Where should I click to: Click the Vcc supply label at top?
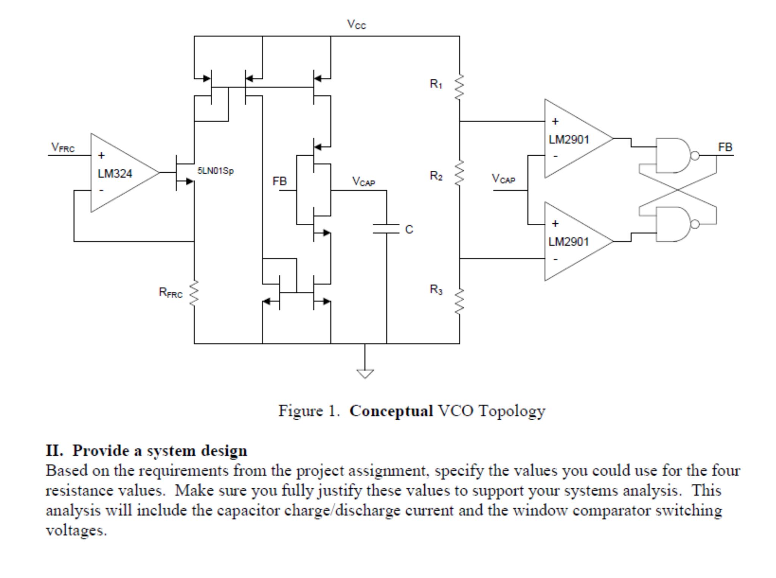[x=356, y=25]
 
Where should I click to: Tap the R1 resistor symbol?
[x=459, y=87]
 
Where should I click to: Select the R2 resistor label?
[x=436, y=176]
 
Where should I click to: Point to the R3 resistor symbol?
[x=459, y=301]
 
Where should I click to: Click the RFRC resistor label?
[x=170, y=293]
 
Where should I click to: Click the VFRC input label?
[x=63, y=147]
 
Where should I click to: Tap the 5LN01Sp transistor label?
[x=215, y=171]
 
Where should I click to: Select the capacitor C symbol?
[x=386, y=229]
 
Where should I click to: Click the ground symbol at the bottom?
[x=365, y=373]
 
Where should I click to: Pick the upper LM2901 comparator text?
[x=569, y=140]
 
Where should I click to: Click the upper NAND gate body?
[x=673, y=155]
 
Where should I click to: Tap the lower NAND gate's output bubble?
[x=695, y=224]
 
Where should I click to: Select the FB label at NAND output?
[x=725, y=147]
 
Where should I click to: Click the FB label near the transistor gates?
[x=280, y=181]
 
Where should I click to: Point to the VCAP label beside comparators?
[x=503, y=178]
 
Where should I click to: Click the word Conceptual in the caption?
[x=391, y=411]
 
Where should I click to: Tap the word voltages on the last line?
[x=76, y=530]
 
